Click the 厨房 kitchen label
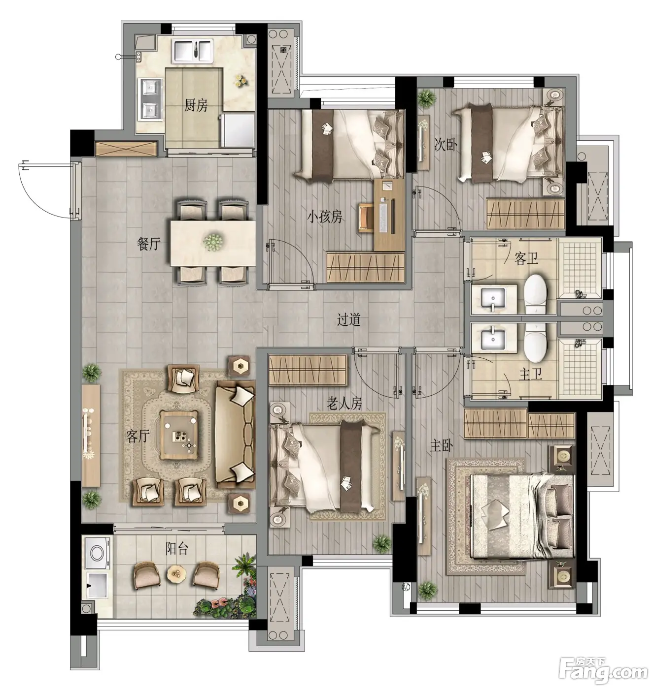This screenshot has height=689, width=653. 196,105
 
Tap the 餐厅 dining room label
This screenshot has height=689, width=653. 149,244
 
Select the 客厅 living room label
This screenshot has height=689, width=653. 138,437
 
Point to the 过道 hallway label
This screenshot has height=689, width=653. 348,319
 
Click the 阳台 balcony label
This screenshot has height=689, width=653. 177,549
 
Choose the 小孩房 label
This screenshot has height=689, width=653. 324,217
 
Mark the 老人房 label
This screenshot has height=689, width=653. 344,404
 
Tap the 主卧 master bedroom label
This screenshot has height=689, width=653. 441,446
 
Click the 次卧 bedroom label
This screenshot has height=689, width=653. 446,145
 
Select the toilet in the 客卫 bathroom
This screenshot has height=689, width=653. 536,294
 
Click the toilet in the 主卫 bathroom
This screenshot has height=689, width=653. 536,343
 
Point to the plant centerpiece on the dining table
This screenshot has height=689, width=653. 213,242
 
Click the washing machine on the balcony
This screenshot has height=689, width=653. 97,554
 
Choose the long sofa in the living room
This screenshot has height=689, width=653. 235,435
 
